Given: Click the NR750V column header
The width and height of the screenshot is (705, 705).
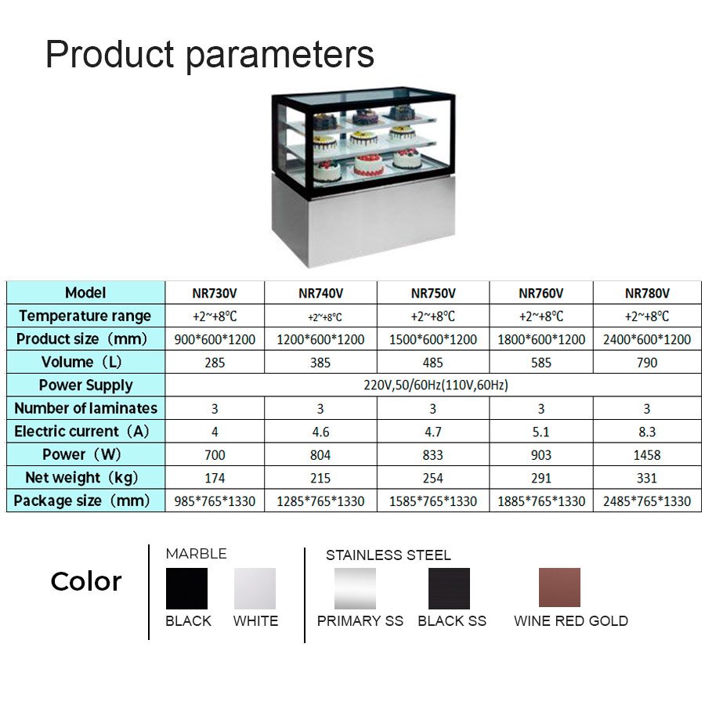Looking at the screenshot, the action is (x=433, y=293).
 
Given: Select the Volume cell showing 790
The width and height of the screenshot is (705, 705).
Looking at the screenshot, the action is (x=646, y=363).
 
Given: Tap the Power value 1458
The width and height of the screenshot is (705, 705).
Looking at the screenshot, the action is (x=646, y=455).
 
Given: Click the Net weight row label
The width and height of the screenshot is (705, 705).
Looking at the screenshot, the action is (x=81, y=478).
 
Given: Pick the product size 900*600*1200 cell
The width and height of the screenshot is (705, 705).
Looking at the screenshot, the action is (x=215, y=339).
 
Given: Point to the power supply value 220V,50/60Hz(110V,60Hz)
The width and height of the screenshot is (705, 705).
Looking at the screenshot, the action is (x=436, y=385).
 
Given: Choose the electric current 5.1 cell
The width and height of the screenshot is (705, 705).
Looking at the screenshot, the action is (x=540, y=432).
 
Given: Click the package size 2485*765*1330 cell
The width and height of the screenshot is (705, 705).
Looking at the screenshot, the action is (x=646, y=501).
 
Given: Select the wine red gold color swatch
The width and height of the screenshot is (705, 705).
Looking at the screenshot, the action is (x=559, y=587).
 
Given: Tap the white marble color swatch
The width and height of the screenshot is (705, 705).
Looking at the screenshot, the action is (x=255, y=588).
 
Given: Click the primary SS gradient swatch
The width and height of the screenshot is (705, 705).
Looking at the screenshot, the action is (x=355, y=588).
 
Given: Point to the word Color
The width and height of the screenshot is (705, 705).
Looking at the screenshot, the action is (x=86, y=581).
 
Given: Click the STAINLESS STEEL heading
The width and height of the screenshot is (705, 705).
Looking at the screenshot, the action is (x=389, y=555).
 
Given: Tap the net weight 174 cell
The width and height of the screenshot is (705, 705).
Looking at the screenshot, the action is (x=215, y=478).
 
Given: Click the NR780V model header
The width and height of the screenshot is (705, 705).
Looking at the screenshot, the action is (x=647, y=293).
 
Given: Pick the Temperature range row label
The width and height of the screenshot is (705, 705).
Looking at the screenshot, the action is (x=85, y=316).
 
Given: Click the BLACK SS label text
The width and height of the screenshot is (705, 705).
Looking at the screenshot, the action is (x=452, y=621).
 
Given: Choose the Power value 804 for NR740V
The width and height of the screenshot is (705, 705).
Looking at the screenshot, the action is (x=320, y=455).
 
